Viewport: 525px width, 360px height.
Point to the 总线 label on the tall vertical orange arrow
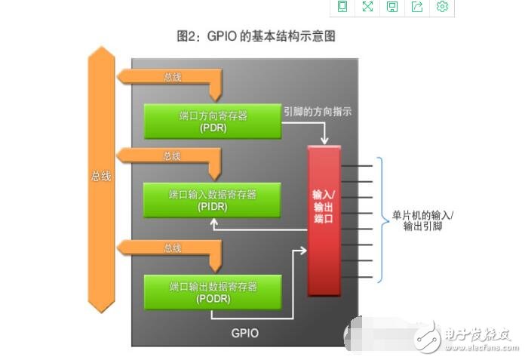click(x=101, y=176)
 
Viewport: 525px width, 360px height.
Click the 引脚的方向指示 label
click(x=318, y=111)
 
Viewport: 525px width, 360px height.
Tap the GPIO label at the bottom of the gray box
click(x=246, y=332)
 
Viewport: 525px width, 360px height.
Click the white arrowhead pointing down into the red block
click(x=324, y=140)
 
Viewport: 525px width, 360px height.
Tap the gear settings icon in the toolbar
click(x=443, y=7)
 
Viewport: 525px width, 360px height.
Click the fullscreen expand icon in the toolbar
click(x=367, y=7)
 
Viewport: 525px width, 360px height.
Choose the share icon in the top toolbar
click(x=417, y=7)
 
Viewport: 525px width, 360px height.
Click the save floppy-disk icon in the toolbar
click(x=392, y=7)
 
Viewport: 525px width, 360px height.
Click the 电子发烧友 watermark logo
click(x=468, y=335)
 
